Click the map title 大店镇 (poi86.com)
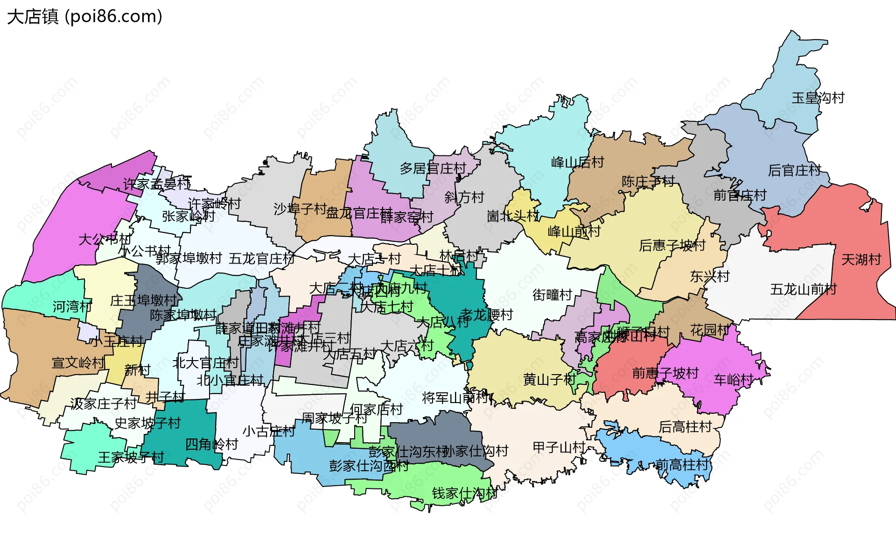(84, 17)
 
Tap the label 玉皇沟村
(818, 98)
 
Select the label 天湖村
(861, 259)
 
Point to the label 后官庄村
(794, 171)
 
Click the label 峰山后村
(577, 162)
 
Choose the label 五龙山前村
(803, 290)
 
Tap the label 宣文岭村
(78, 362)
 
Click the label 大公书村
(105, 239)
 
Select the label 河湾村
(72, 306)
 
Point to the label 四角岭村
(211, 444)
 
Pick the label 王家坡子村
(131, 457)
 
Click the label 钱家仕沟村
(464, 493)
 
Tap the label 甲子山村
(559, 447)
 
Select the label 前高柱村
(682, 465)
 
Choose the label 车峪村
(733, 380)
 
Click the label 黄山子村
(549, 380)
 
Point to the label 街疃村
(552, 295)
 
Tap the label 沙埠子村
(300, 209)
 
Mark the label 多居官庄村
(433, 168)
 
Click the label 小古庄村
(268, 431)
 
